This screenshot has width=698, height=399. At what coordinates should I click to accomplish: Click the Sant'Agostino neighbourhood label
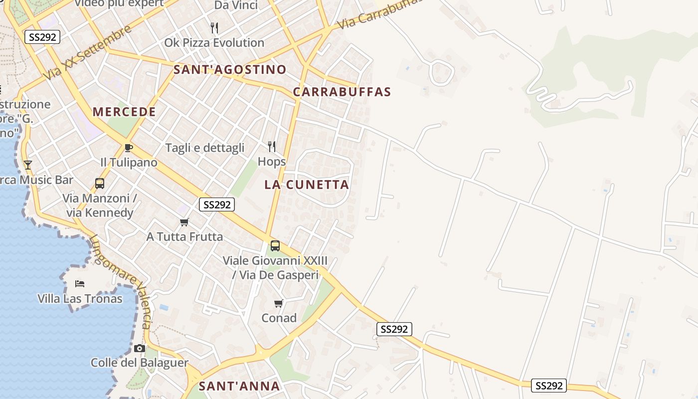click(x=230, y=69)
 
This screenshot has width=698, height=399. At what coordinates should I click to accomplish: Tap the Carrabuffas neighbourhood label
click(x=342, y=92)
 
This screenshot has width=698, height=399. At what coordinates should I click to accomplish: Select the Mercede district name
click(x=124, y=112)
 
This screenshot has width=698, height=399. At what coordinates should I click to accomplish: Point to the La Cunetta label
click(x=306, y=185)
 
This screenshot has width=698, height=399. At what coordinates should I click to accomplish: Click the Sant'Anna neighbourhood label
click(x=239, y=386)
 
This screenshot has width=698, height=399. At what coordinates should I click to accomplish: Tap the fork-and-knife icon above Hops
click(x=272, y=146)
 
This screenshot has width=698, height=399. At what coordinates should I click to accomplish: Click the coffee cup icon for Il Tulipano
click(x=129, y=148)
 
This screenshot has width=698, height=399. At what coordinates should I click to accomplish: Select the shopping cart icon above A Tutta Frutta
click(x=184, y=222)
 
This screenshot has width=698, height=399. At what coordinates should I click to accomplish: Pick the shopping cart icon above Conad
click(x=279, y=303)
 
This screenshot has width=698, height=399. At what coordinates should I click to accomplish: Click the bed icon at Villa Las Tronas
click(x=80, y=284)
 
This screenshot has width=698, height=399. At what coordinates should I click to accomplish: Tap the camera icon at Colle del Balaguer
click(x=140, y=348)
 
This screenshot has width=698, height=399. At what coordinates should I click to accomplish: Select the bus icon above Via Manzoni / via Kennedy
click(x=100, y=183)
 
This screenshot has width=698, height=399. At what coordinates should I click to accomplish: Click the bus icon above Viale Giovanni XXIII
click(x=275, y=245)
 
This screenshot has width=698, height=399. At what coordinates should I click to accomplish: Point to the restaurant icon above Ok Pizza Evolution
click(x=214, y=27)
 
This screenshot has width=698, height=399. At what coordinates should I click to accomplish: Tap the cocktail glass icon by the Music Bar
click(x=28, y=165)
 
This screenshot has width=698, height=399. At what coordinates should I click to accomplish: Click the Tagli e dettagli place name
click(x=204, y=148)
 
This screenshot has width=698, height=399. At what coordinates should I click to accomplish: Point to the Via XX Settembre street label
click(x=88, y=52)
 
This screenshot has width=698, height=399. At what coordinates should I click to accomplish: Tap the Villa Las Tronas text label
click(x=80, y=299)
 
